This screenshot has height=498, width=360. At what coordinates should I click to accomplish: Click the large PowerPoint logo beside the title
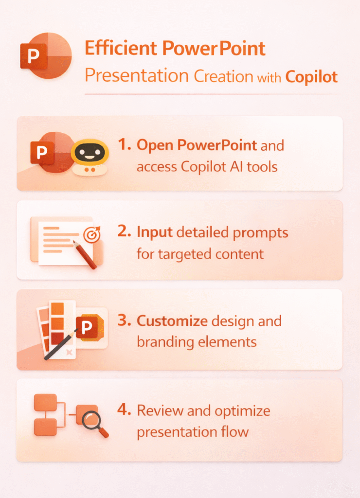(x=46, y=55)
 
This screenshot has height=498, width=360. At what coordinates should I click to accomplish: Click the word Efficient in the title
(x=121, y=48)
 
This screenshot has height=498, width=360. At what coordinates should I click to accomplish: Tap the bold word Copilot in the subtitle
(x=311, y=77)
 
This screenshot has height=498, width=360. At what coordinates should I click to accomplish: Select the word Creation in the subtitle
(x=223, y=76)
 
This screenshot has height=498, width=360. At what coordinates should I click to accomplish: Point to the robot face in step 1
(x=90, y=153)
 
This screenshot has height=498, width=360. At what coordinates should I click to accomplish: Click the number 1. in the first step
(x=124, y=144)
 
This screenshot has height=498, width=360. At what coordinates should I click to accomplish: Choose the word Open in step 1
(x=155, y=146)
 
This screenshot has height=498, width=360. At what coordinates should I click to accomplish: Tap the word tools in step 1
(x=262, y=167)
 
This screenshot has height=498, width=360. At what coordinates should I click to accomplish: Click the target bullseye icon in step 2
(x=91, y=235)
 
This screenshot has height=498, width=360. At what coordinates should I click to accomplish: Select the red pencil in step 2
(x=85, y=255)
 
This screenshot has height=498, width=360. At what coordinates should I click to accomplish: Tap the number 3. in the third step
(x=124, y=320)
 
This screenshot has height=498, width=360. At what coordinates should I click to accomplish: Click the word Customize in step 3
(x=172, y=321)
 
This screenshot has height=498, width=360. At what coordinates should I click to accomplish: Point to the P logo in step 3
(x=87, y=327)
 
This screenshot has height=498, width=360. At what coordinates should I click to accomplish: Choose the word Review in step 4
(x=160, y=410)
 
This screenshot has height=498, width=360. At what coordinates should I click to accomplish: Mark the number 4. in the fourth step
(x=124, y=409)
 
